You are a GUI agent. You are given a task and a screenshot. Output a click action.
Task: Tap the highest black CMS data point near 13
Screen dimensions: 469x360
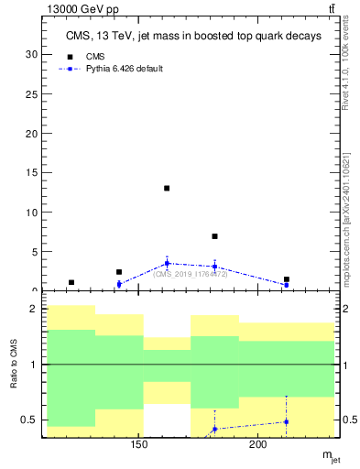click(x=167, y=188)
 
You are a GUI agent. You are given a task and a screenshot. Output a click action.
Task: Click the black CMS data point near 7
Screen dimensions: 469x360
click(x=214, y=236)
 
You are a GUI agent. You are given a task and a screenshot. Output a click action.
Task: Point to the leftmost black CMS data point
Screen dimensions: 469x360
click(x=71, y=282)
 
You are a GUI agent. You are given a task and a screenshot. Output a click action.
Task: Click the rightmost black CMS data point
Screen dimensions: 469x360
click(x=287, y=279)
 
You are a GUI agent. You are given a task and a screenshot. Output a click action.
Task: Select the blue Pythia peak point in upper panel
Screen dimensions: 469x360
click(x=167, y=263)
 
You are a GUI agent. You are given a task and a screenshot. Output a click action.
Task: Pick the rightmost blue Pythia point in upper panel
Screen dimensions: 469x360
click(x=287, y=285)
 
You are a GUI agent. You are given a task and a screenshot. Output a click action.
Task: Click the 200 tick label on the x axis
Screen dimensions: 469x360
click(x=258, y=445)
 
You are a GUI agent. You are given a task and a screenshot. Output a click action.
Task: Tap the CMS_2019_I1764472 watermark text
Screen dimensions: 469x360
click(x=190, y=274)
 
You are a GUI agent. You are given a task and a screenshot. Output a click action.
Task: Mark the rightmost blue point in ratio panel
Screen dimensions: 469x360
click(x=287, y=421)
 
